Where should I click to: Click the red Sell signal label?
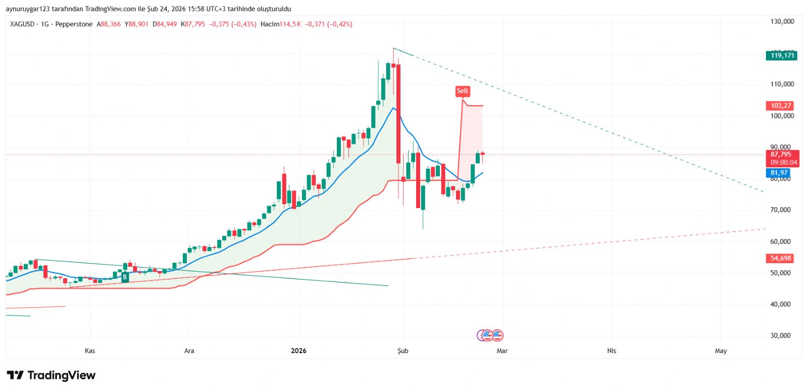[x=462, y=91]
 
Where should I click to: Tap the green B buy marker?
[x=125, y=277]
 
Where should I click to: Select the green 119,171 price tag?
[x=781, y=56]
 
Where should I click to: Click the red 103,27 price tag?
[x=781, y=106]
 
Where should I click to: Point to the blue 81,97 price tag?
[x=779, y=173]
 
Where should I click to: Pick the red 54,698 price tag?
[x=781, y=258]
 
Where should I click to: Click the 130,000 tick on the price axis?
[x=782, y=22]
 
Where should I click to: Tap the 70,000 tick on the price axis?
[x=780, y=210]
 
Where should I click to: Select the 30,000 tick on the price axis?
[x=780, y=335]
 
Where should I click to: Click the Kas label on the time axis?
[x=90, y=351]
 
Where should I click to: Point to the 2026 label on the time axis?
[x=298, y=351]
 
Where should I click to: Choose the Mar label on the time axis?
[x=502, y=351]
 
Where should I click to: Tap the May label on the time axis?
[x=721, y=351]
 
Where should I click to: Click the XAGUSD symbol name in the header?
[x=22, y=24]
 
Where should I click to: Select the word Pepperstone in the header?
[x=74, y=24]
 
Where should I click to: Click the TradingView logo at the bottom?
[x=51, y=375]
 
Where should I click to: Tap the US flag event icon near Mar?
[x=497, y=335]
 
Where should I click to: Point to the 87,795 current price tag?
[x=781, y=155]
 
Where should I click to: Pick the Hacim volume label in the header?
[x=270, y=24]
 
